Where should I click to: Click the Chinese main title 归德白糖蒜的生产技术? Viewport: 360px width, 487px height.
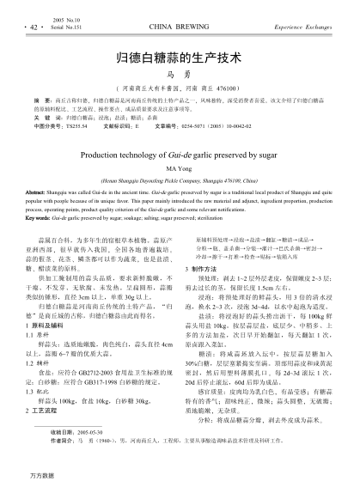point(180,60)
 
